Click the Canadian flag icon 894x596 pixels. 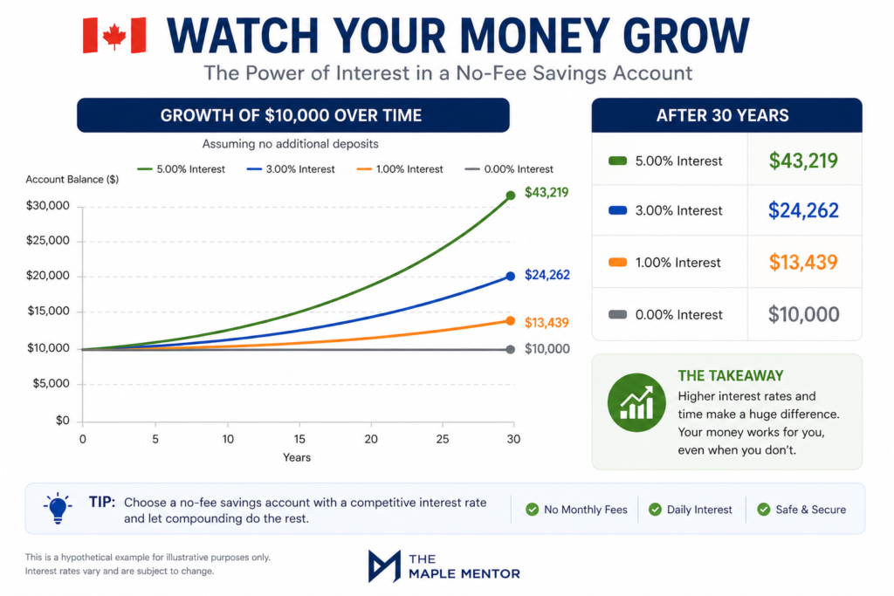coord(114,35)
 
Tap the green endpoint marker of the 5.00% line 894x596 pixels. coord(511,195)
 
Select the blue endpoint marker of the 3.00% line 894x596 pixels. coord(511,276)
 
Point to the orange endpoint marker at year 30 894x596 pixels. coord(511,321)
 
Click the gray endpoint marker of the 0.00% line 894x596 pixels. coord(511,349)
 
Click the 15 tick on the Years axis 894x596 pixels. coord(299,438)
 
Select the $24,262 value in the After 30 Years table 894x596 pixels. coord(803,210)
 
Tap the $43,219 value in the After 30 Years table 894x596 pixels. coord(803,161)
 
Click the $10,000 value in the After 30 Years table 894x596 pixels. coord(803,315)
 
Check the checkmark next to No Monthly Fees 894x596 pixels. coord(532,510)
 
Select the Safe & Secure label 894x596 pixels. coord(810,510)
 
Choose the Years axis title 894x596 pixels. coord(296,457)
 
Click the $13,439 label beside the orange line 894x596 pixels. coord(547,323)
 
